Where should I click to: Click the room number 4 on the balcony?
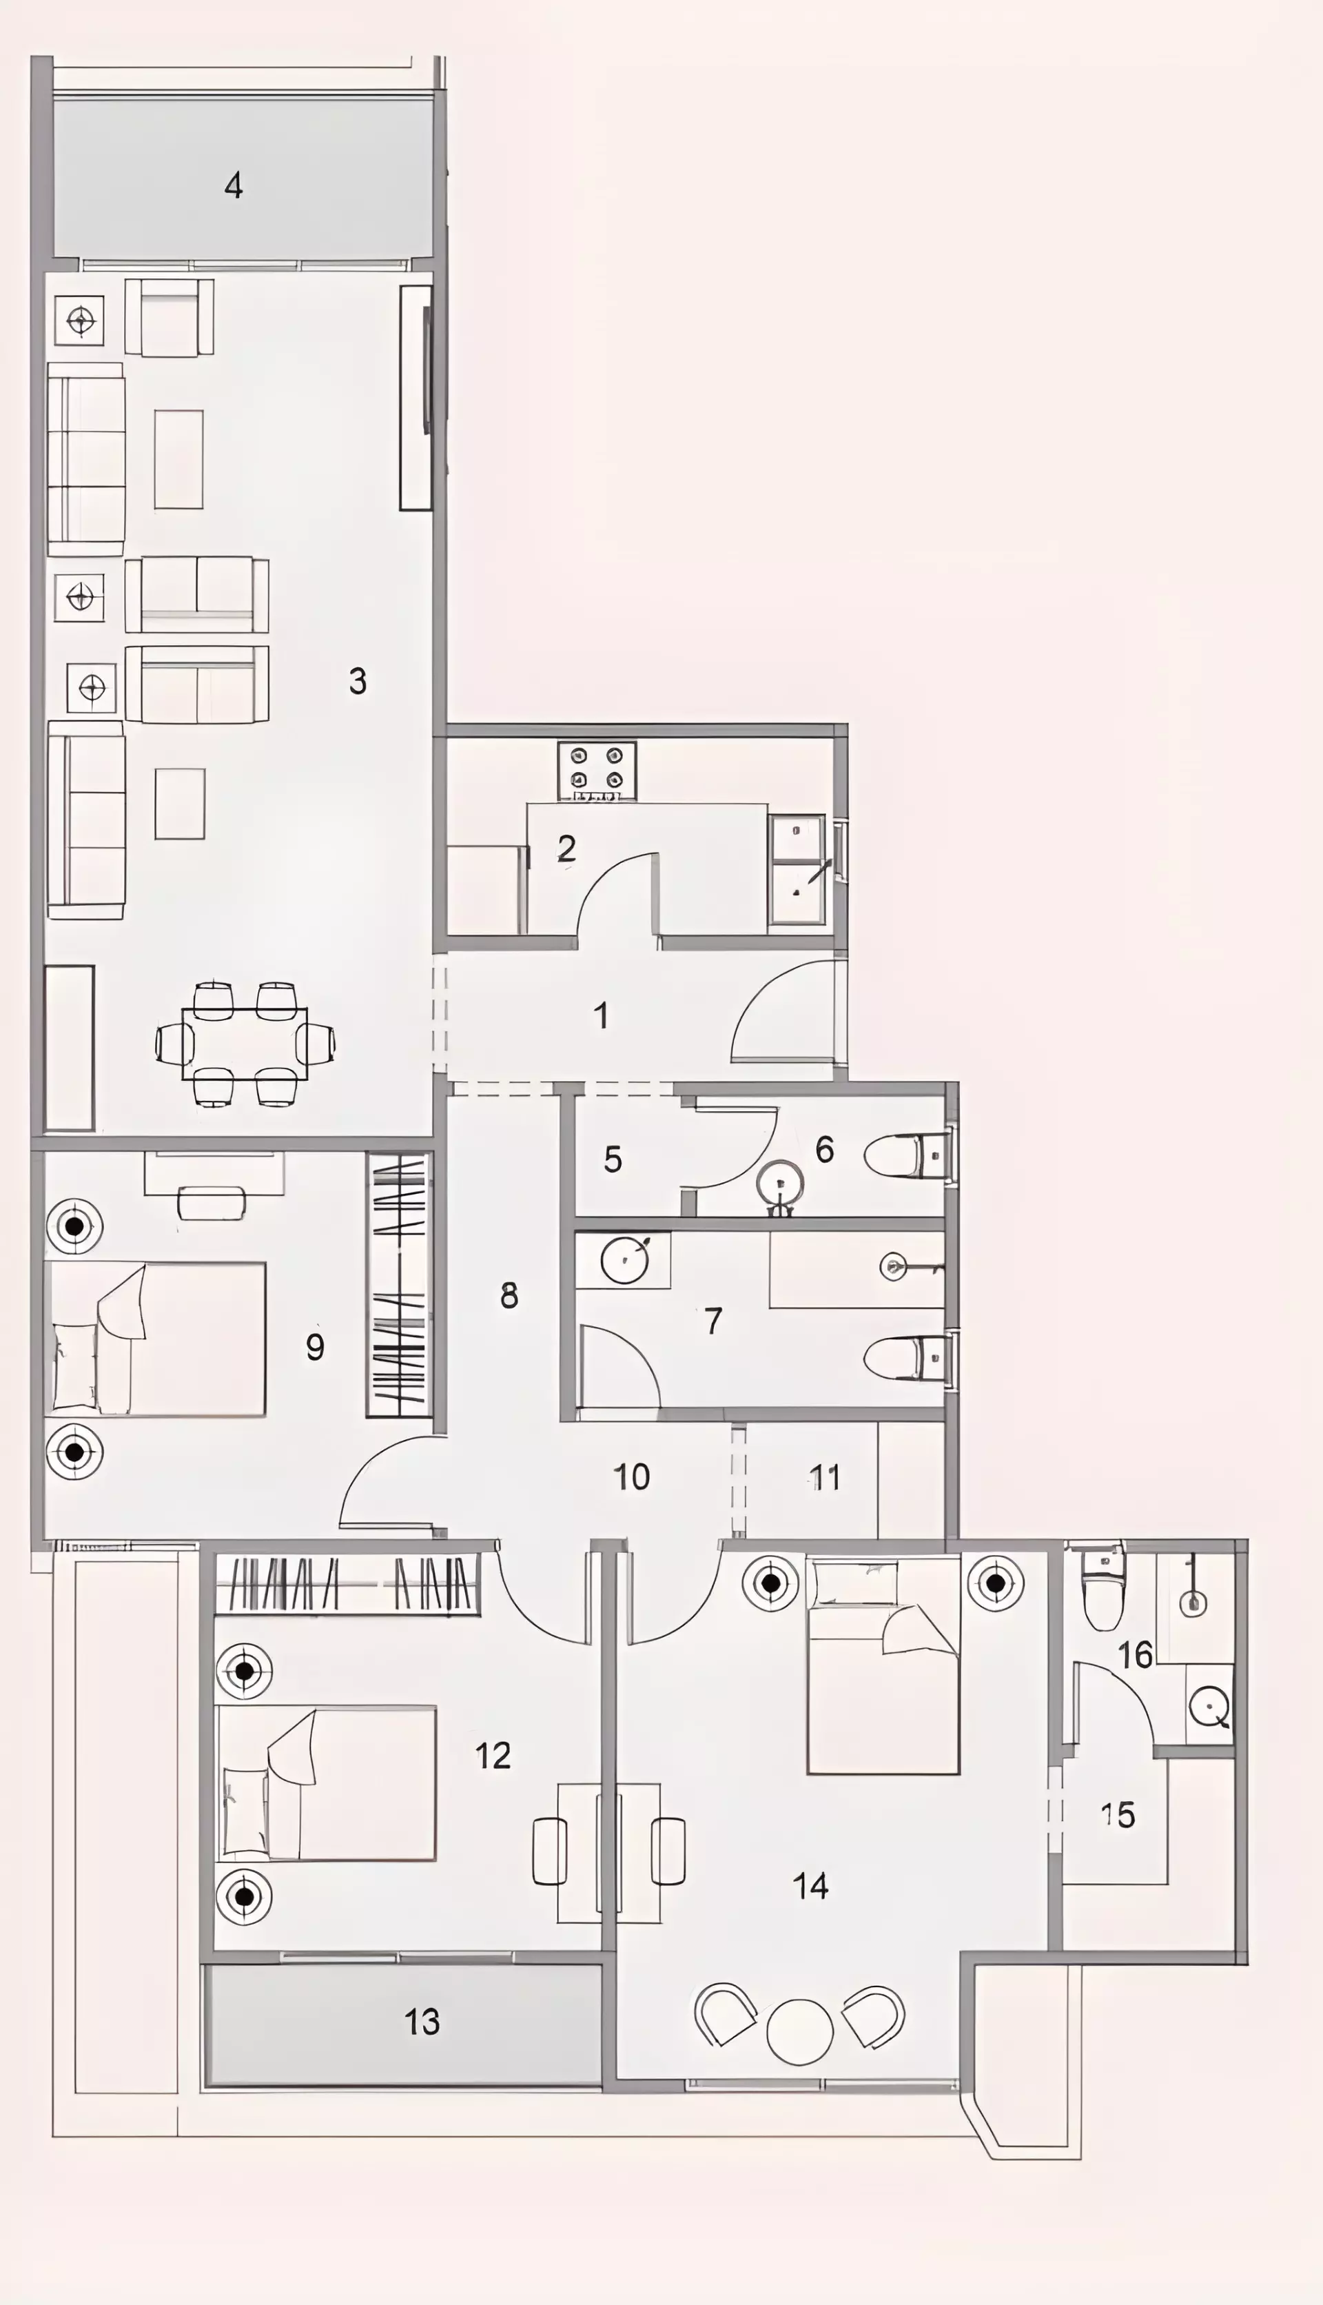click(x=234, y=185)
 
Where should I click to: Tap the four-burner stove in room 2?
click(x=597, y=770)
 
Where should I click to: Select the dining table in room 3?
click(x=245, y=1044)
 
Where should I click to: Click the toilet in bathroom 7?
click(x=907, y=1359)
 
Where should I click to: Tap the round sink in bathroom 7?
click(x=625, y=1259)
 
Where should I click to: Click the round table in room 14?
click(x=799, y=2031)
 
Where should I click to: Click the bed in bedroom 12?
click(x=325, y=1783)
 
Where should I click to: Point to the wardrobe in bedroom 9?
click(x=398, y=1284)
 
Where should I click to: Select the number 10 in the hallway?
click(x=631, y=1477)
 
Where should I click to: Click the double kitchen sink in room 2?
click(x=797, y=870)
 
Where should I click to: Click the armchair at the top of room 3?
click(x=169, y=317)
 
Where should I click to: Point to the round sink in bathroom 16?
click(x=1210, y=1707)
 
